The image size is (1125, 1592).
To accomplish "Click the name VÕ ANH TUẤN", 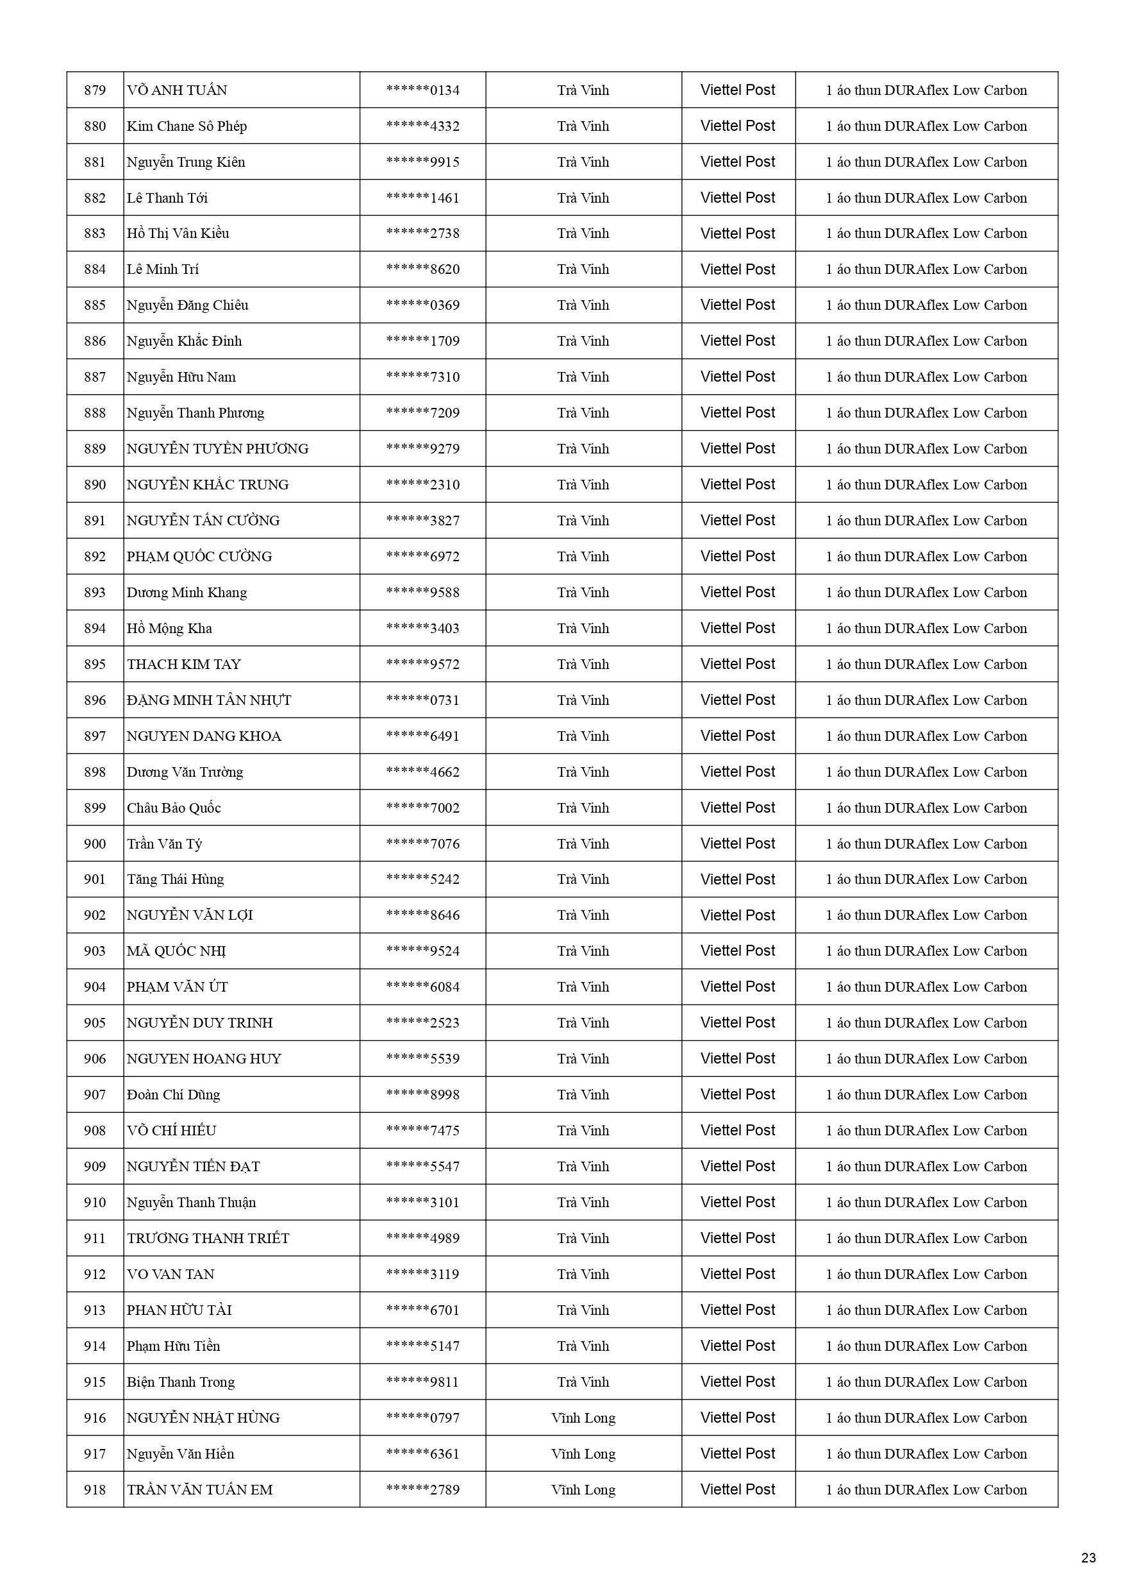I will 177,90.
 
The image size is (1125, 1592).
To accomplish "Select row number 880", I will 95,126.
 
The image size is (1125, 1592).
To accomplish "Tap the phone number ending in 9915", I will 423,162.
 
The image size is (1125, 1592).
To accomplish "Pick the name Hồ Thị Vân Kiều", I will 178,233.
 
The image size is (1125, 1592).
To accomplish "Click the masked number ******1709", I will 423,341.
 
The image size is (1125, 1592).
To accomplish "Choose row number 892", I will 95,556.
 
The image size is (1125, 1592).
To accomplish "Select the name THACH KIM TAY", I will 184,665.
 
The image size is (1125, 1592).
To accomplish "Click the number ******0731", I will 423,700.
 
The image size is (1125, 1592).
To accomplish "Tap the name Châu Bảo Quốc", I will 173,808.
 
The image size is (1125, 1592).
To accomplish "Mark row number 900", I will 95,844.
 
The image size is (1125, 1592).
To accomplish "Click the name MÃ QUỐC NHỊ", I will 176,951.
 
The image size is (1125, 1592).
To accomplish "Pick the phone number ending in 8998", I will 423,1095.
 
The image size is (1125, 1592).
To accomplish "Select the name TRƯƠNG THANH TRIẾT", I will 208,1239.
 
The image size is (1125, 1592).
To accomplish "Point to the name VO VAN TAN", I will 171,1274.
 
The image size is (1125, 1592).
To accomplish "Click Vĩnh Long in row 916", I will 583,1418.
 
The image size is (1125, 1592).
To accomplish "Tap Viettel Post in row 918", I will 738,1489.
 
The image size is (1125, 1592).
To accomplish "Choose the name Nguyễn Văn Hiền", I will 180,1454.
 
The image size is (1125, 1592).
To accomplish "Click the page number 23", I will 1088,1557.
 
